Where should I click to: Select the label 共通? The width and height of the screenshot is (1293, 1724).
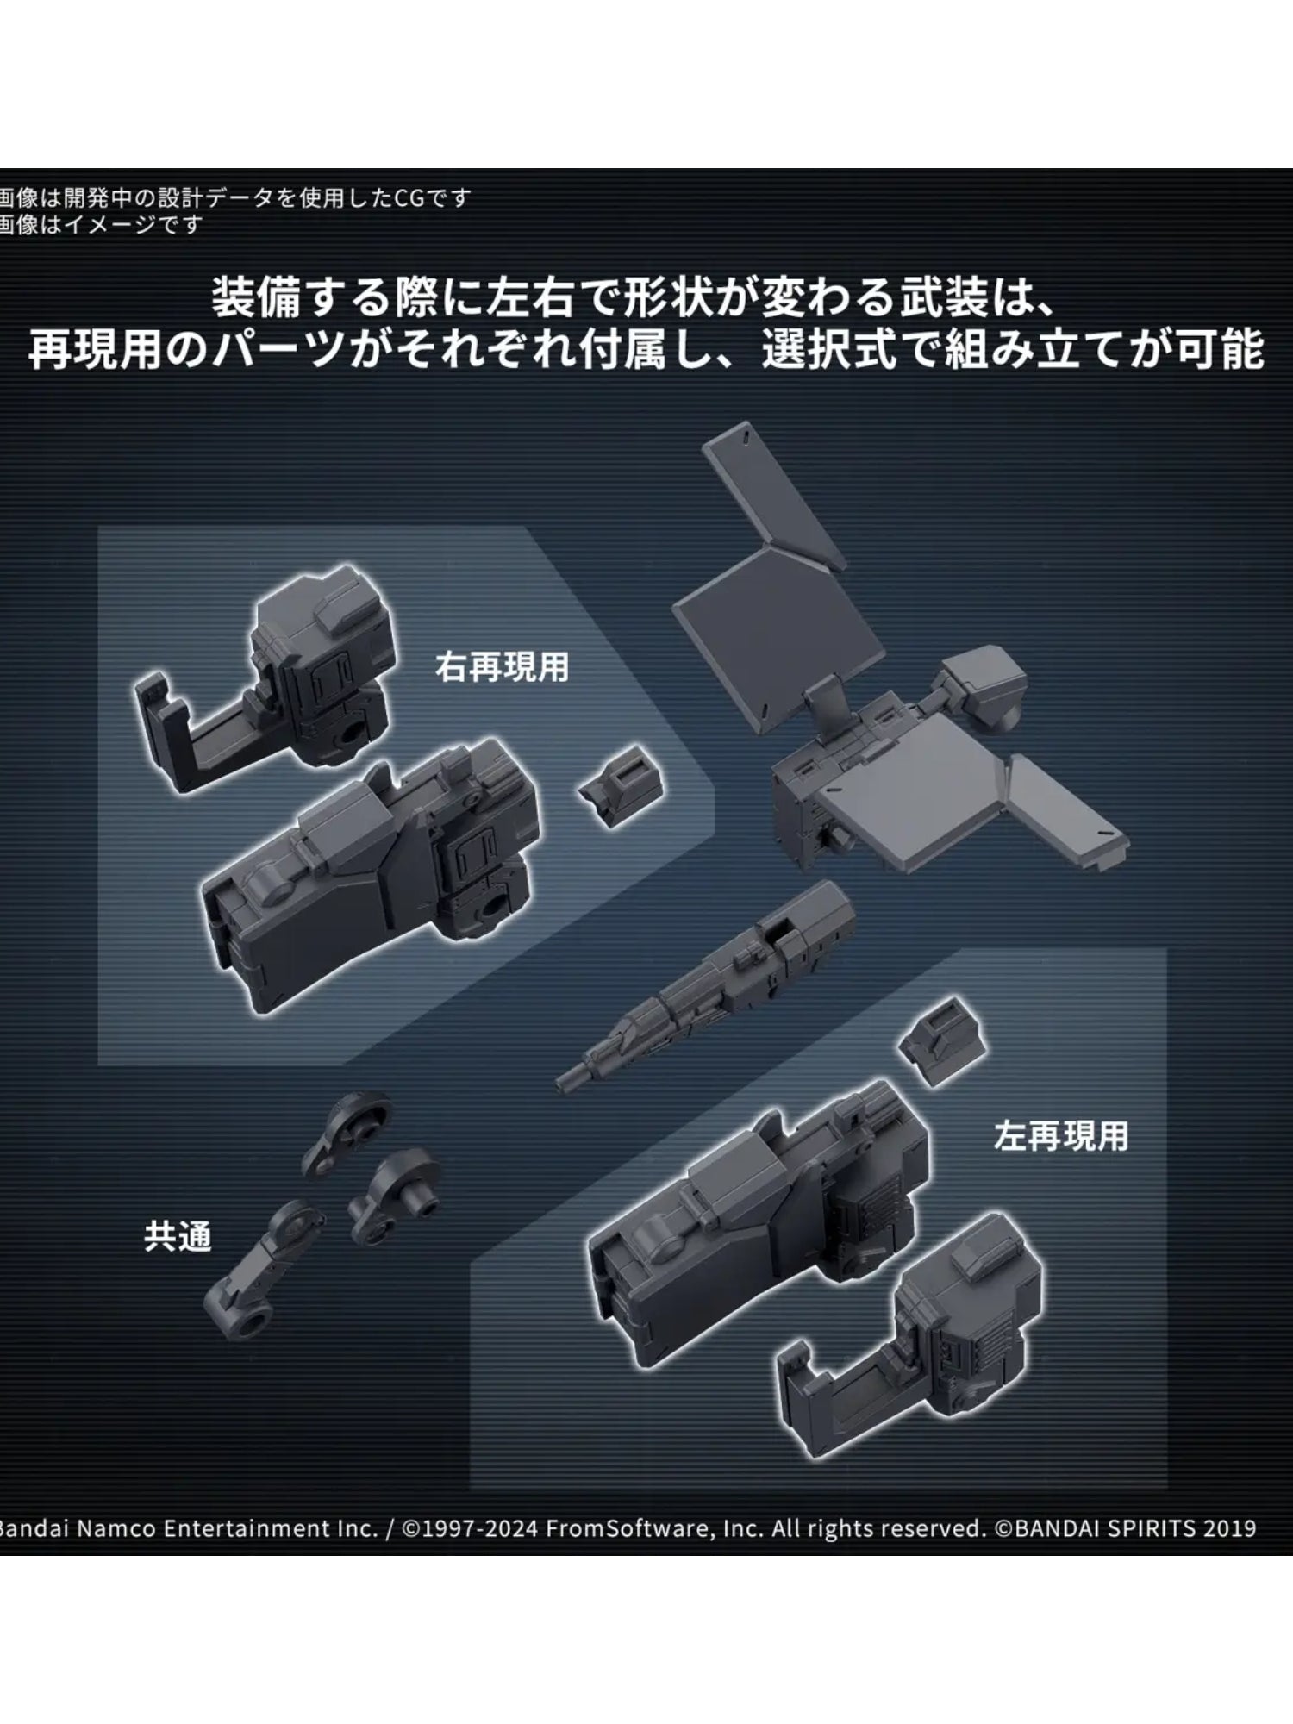pyautogui.click(x=177, y=1237)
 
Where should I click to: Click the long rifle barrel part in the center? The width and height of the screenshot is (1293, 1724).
pyautogui.click(x=715, y=983)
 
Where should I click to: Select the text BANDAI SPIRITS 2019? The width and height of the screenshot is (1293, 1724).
pyautogui.click(x=1134, y=1528)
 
